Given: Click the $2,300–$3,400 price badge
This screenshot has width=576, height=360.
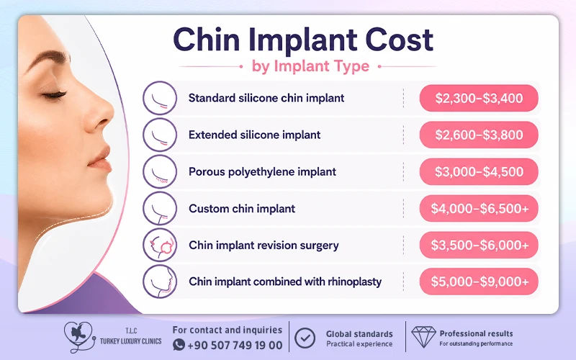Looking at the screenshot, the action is [479, 98].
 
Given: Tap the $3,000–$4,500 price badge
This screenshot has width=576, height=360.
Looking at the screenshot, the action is [479, 171].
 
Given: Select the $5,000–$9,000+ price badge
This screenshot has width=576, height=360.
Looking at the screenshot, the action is [479, 282].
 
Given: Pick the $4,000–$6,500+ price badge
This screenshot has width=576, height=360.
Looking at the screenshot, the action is [479, 208].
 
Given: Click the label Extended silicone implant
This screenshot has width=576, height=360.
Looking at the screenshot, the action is [255, 135].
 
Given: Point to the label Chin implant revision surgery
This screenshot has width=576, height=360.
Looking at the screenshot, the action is [264, 245].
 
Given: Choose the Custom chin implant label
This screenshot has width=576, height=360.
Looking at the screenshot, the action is [242, 208].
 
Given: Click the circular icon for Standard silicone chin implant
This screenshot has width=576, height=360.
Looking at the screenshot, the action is [160, 98].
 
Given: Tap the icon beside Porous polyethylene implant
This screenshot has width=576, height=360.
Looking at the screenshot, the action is [160, 171].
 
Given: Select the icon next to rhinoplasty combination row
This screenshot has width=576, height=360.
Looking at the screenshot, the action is [160, 282].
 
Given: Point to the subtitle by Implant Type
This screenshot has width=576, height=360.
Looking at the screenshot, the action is [310, 66].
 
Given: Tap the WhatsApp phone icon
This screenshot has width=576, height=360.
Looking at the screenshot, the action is [179, 345].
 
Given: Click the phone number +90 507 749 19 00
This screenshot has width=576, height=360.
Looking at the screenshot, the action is [235, 346].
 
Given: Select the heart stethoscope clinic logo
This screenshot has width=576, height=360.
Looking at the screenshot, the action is [80, 337].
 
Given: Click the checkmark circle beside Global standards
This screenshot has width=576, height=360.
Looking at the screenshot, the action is [305, 338].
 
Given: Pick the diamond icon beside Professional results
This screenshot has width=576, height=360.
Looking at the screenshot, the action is [423, 336].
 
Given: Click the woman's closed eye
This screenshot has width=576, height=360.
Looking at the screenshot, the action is [55, 95].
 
